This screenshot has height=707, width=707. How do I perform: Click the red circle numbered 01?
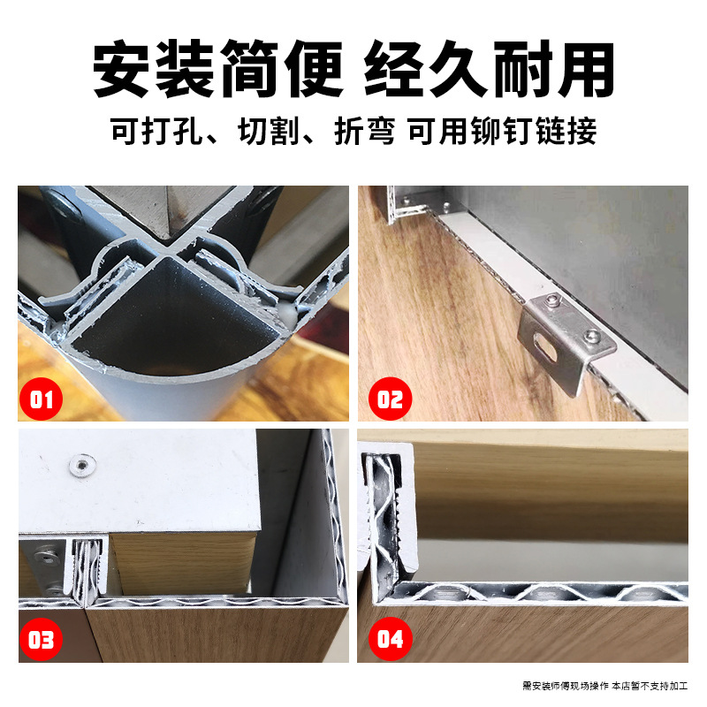(x=41, y=399)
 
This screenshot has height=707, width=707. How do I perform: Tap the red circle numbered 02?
(x=390, y=399)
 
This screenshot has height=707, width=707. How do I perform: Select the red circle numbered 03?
(x=41, y=639)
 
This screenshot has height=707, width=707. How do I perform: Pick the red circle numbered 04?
(x=390, y=639)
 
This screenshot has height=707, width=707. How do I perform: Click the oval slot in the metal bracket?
(x=544, y=348)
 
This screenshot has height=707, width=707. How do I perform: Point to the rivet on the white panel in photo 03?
(x=81, y=465)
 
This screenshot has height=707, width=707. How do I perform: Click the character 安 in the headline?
(x=121, y=69)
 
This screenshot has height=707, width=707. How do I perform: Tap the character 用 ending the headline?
(x=585, y=69)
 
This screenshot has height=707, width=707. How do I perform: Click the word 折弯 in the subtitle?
(x=365, y=131)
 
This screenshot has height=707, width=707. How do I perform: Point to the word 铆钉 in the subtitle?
(x=501, y=131)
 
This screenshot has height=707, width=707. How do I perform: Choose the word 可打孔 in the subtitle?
(x=156, y=131)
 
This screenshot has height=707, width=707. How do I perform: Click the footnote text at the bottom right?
(x=605, y=686)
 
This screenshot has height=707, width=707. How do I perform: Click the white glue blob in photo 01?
(x=288, y=315)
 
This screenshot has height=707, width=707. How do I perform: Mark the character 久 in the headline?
(x=458, y=69)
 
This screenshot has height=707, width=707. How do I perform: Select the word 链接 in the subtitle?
(x=566, y=131)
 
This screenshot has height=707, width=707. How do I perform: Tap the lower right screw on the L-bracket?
(x=591, y=335)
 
